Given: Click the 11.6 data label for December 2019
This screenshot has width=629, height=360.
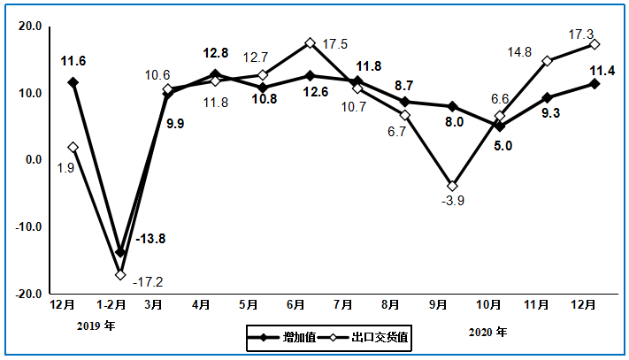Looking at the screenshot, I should (x=73, y=62).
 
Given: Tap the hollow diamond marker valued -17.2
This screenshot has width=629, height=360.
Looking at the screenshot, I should (x=120, y=274).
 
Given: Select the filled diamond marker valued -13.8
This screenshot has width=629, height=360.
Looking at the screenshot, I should (x=120, y=252).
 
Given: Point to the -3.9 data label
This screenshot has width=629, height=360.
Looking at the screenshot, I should (x=453, y=201).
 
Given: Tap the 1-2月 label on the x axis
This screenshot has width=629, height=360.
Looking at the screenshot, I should (x=109, y=305).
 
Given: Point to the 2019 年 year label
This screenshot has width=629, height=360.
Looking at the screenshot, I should (x=95, y=326).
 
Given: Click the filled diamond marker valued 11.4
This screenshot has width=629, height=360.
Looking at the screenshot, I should (x=594, y=84).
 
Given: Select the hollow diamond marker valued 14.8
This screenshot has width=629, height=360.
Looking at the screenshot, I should (x=548, y=61).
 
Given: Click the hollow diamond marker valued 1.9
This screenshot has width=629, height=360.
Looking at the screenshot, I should (x=73, y=148).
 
